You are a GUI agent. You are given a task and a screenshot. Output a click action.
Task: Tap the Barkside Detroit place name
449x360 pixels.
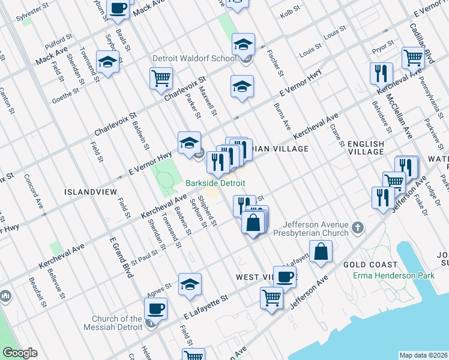[215, 182]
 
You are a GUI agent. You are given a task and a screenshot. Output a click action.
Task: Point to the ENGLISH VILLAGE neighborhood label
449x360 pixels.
[365, 148]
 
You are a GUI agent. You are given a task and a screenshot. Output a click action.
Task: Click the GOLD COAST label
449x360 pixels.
[370, 265]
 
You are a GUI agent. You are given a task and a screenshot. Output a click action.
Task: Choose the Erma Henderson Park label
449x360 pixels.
[397, 275]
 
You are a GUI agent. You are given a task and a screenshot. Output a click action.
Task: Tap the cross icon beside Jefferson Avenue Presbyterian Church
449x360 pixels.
[358, 227]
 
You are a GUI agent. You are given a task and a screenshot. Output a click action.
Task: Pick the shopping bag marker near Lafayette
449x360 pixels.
[321, 251]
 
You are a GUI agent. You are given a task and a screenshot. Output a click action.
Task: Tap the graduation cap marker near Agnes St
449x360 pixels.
[190, 284]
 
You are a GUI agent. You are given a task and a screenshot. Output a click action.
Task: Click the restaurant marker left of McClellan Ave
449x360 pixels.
[381, 74]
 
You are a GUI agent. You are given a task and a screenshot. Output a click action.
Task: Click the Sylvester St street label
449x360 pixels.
[32, 12]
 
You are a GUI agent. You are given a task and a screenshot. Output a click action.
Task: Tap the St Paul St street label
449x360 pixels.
[145, 253]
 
